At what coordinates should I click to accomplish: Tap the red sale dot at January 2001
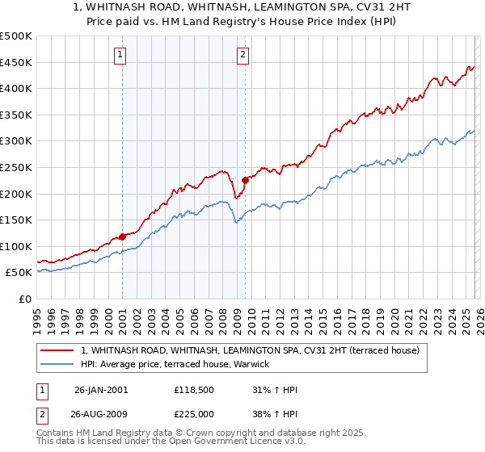pyautogui.click(x=123, y=236)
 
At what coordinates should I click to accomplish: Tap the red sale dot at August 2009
pyautogui.click(x=245, y=180)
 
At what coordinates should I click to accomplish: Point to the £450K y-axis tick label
pyautogui.click(x=16, y=62)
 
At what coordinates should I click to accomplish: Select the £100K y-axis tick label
pyautogui.click(x=16, y=246)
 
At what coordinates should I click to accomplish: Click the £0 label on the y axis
pyautogui.click(x=24, y=299)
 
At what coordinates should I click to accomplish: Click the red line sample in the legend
pyautogui.click(x=58, y=351)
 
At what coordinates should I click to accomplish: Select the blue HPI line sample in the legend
pyautogui.click(x=58, y=365)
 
